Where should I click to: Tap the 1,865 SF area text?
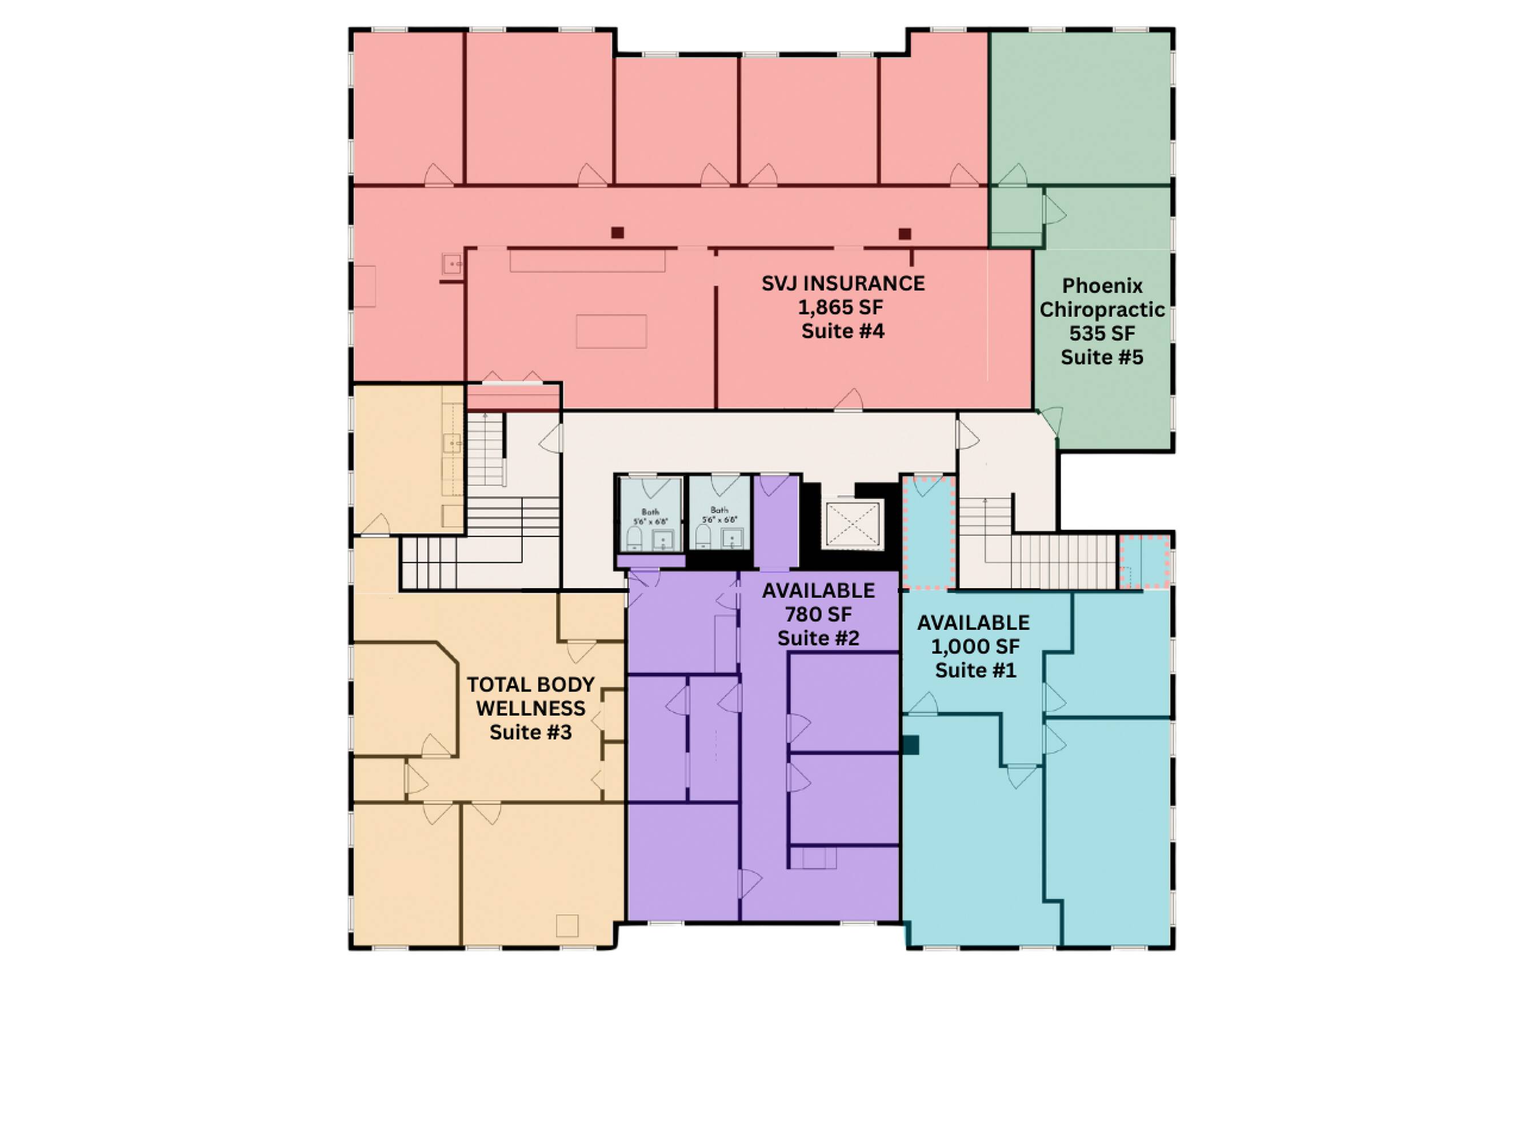(x=840, y=308)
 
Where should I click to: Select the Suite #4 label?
(x=843, y=331)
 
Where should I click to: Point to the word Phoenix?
(x=1102, y=286)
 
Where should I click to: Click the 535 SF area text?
(x=1102, y=333)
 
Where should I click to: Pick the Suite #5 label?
(x=1102, y=358)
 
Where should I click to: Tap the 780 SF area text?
(x=818, y=614)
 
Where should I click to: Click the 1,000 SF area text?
(x=975, y=647)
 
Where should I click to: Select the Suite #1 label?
(x=975, y=670)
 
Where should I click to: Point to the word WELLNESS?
(x=530, y=708)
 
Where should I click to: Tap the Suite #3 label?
(x=530, y=732)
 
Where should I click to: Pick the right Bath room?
(x=720, y=513)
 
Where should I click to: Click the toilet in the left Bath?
(x=634, y=537)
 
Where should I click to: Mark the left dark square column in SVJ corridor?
(x=617, y=233)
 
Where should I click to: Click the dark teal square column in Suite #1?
(x=911, y=745)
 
